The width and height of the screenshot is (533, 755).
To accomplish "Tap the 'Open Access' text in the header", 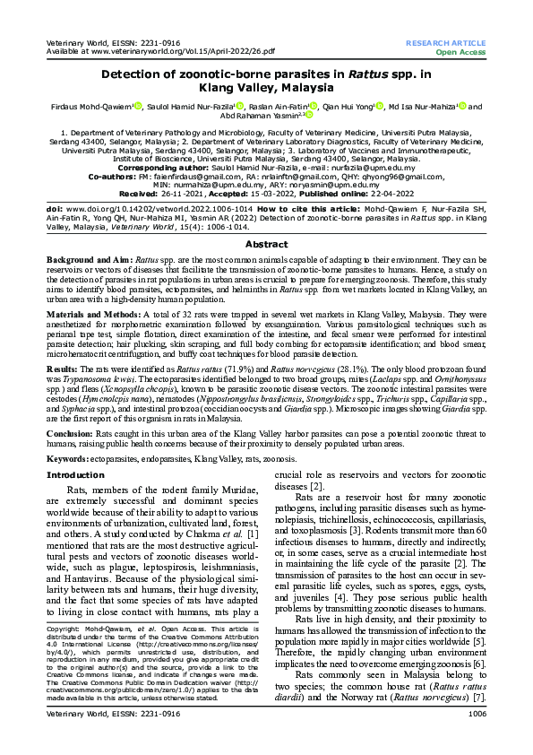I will point(460,52).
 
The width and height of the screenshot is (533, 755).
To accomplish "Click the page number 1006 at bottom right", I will point(477,739).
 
